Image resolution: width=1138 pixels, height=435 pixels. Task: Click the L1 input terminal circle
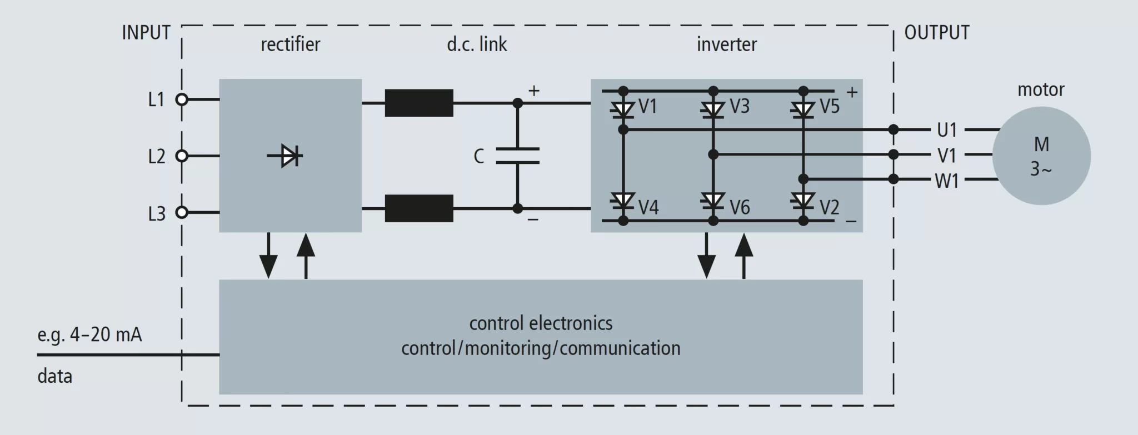pyautogui.click(x=182, y=99)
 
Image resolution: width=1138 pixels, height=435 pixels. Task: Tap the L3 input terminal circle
pyautogui.click(x=182, y=212)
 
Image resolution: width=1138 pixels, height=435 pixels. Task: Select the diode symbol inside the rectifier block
pyautogui.click(x=287, y=156)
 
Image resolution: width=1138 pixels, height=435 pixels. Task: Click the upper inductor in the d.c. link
pyautogui.click(x=419, y=103)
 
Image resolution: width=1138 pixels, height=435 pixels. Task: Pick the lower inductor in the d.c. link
pyautogui.click(x=419, y=208)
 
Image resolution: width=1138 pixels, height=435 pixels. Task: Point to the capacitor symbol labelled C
pyautogui.click(x=517, y=156)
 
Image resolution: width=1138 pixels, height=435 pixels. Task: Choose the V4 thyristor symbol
pyautogui.click(x=623, y=201)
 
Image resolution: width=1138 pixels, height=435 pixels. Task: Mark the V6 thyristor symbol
pyautogui.click(x=713, y=201)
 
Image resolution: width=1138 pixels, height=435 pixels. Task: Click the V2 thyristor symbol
pyautogui.click(x=803, y=201)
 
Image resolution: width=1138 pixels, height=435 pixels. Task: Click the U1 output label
pyautogui.click(x=947, y=130)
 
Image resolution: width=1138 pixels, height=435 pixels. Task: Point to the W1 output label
pyautogui.click(x=947, y=181)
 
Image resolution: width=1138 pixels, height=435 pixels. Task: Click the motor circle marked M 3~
pyautogui.click(x=1041, y=156)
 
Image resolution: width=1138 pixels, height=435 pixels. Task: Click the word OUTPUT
pyautogui.click(x=937, y=33)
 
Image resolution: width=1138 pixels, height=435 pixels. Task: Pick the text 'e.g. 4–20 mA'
pyautogui.click(x=89, y=335)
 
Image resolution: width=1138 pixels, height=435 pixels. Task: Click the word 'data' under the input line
pyautogui.click(x=54, y=377)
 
